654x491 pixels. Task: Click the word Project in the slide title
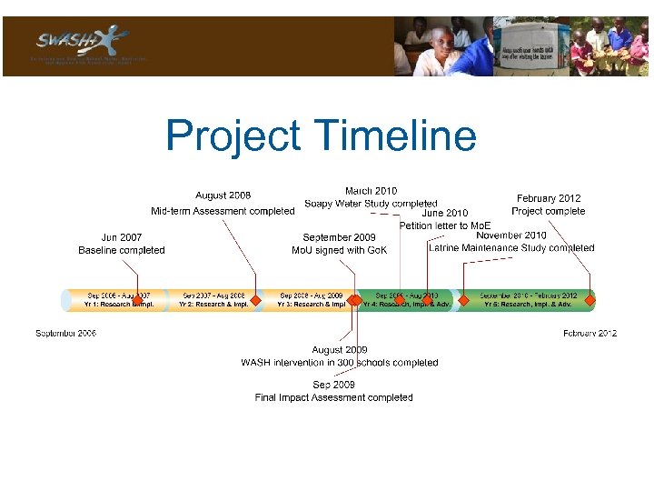pos(233,136)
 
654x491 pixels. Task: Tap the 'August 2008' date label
pos(223,195)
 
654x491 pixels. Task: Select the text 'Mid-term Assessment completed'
pos(223,211)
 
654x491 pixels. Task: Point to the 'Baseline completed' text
pos(122,250)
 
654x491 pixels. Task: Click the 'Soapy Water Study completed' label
pos(371,204)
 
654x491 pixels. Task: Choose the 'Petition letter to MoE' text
pos(445,225)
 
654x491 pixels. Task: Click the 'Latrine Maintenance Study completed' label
pos(511,247)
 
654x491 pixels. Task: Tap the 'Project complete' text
pos(549,211)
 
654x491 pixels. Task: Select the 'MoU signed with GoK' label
pos(340,250)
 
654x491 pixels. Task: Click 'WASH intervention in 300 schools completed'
pos(340,363)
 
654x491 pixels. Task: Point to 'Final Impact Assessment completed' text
pos(333,397)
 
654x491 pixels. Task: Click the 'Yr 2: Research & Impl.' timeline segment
pos(213,300)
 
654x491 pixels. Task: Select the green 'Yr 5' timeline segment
pos(528,300)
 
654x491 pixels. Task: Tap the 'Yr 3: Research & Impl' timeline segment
pos(311,300)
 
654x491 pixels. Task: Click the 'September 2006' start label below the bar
pos(66,334)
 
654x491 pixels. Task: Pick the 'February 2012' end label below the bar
pos(590,334)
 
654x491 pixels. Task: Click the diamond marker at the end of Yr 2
pos(256,300)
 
